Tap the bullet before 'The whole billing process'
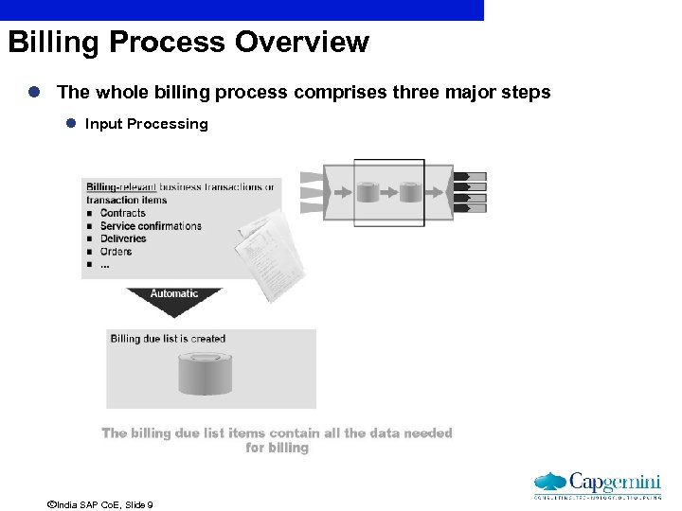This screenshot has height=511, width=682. (33, 93)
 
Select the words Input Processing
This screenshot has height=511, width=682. (146, 124)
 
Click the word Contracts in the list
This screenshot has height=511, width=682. (122, 213)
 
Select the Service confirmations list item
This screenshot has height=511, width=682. (151, 226)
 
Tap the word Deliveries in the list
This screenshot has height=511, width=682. (123, 238)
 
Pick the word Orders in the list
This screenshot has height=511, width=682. (116, 252)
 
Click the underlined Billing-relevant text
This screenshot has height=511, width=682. (121, 187)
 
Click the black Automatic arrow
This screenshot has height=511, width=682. (173, 298)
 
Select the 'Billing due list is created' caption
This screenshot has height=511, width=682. (168, 339)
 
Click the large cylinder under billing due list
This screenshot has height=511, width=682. (205, 373)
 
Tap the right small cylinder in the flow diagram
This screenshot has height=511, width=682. (409, 193)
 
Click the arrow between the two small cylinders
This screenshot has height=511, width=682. (388, 193)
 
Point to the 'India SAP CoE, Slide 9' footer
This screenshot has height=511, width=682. (99, 505)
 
